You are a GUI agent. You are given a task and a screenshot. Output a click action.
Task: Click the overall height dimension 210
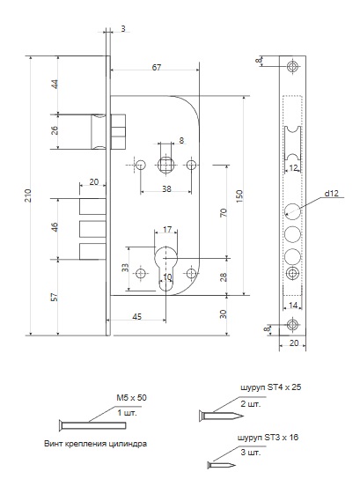[28, 195]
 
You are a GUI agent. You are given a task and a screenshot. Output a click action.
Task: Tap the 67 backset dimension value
[157, 67]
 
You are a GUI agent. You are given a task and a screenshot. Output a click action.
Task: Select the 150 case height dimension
[239, 196]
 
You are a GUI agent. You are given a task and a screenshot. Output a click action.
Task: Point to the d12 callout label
[331, 193]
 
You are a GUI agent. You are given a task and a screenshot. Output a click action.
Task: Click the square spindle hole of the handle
[166, 165]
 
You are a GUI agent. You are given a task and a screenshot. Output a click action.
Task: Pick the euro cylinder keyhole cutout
[165, 268]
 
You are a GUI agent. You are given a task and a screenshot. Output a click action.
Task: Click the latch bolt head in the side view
[99, 132]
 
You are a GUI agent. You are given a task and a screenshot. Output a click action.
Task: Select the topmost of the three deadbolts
[92, 207]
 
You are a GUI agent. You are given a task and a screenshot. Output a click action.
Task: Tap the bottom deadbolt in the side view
[92, 252]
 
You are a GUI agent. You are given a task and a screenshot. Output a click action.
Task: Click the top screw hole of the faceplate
[292, 66]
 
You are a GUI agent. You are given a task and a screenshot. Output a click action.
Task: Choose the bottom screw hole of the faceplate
[292, 324]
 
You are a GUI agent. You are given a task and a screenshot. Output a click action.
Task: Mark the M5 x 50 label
[131, 398]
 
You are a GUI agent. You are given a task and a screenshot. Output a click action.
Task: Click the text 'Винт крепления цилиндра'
[96, 444]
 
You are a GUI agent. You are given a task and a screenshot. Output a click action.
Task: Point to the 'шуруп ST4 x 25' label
[271, 387]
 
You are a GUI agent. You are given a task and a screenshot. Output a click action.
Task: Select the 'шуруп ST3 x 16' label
[268, 438]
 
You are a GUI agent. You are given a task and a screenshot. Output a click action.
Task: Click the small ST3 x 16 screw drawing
[222, 466]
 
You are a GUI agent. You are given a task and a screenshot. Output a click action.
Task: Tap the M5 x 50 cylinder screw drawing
[92, 425]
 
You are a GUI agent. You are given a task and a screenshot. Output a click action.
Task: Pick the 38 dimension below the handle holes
[166, 189]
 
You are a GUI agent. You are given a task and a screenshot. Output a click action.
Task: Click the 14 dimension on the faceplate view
[293, 306]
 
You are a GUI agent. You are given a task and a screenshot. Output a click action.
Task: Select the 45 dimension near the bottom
[137, 317]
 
